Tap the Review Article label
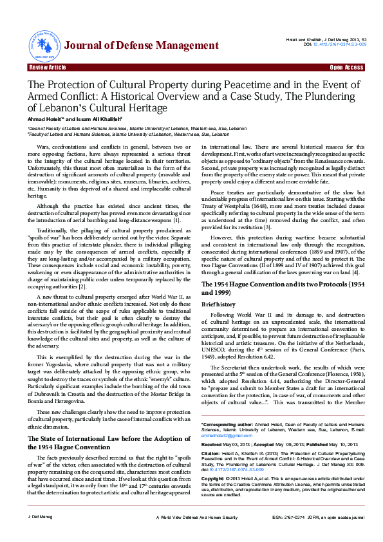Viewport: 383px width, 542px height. [x=47, y=68]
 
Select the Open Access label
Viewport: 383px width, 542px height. [x=346, y=68]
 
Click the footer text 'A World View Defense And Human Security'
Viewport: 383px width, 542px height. [x=192, y=535]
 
